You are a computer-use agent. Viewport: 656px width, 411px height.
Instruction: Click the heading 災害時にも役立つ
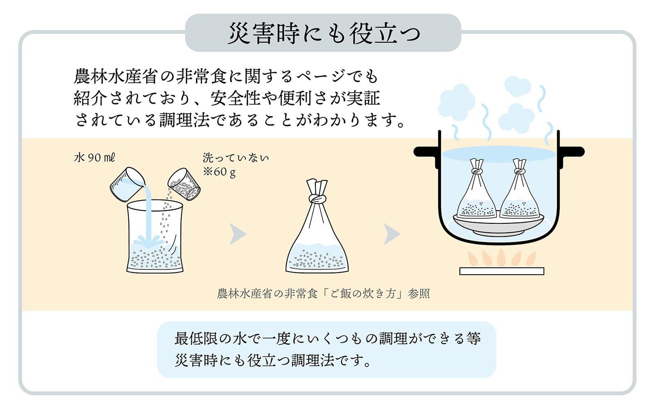pos(323,33)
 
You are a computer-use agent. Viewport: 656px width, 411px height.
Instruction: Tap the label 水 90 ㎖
pos(94,158)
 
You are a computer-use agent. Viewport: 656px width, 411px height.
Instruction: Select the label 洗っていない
pos(235,158)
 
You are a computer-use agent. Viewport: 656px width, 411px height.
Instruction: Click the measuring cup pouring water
pos(127,184)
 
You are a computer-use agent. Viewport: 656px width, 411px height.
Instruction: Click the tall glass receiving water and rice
pos(155,238)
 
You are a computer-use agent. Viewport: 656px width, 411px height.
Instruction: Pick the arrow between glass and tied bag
pos(237,234)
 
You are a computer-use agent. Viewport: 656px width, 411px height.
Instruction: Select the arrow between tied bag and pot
pos(391,234)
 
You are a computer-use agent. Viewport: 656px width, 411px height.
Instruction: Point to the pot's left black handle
pos(426,152)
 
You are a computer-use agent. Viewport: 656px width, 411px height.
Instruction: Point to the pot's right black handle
pos(572,152)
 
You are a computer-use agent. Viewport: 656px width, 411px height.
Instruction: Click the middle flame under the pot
pos(501,258)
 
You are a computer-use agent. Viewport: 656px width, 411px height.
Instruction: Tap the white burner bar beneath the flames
pos(501,271)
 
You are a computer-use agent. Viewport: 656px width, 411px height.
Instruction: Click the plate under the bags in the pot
pos(498,223)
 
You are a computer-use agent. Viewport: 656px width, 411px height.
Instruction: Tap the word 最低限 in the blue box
pos(194,338)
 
